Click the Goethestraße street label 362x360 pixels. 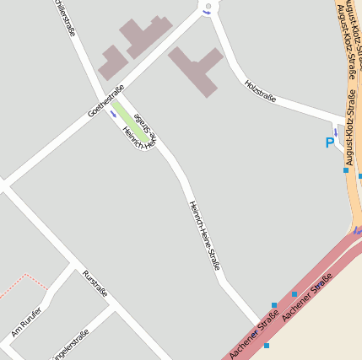point(105,101)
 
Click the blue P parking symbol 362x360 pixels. point(329,143)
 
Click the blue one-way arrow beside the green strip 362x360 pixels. point(113,114)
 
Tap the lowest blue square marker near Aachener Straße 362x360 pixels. point(266,346)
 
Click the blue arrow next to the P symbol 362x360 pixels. point(336,132)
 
